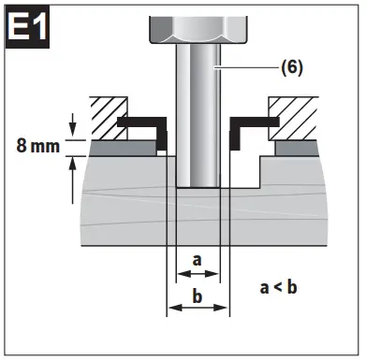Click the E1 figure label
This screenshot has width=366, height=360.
coord(27,27)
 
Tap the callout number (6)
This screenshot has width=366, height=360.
coord(292,67)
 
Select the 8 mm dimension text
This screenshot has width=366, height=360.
coord(37,146)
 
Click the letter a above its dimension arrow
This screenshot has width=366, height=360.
coord(197,261)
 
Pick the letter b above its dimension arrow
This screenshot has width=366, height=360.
coord(198,296)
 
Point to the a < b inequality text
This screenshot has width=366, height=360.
coord(278,288)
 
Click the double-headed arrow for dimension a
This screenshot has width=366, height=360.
coord(198,274)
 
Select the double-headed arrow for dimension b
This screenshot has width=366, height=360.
coord(198,308)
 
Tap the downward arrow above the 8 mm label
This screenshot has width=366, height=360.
coord(72,124)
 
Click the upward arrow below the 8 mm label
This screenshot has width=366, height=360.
coord(72,180)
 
